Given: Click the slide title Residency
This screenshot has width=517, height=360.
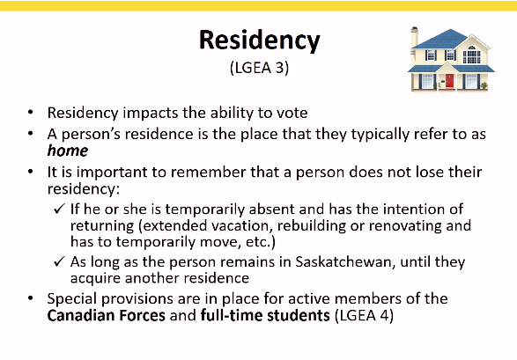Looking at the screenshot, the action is point(260,40).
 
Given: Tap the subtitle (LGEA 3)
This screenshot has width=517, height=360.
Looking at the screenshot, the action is point(260,68).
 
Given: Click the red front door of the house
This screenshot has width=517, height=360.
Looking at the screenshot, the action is point(449,81).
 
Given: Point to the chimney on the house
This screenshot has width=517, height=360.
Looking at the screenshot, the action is point(415,37).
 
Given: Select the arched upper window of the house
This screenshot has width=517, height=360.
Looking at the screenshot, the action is point(472,55).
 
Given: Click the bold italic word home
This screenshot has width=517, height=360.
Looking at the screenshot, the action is point(68,151).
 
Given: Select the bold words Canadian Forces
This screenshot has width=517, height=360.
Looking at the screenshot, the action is point(107,315).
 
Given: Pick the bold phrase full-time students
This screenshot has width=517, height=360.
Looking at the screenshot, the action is point(265,315).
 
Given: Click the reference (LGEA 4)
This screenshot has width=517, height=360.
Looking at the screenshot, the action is point(364,315).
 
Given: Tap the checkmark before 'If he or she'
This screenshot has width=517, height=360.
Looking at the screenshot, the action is point(59,209).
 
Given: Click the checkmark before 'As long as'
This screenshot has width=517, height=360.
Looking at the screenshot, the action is point(59,261).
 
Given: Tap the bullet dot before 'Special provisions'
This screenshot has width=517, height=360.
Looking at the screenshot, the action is point(31,298).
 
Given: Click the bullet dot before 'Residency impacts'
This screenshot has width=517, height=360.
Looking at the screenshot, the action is point(31,113).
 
